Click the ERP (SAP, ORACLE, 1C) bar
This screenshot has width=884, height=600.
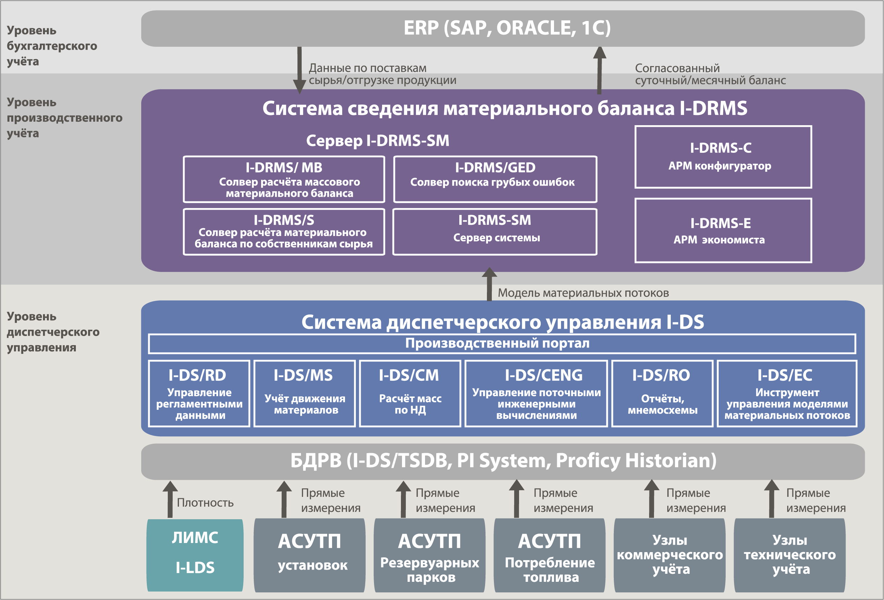503,29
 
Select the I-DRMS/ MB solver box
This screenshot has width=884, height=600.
284,179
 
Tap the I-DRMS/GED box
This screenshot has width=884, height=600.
495,179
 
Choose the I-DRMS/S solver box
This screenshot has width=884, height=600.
284,232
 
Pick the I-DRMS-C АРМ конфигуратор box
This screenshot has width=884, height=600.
723,157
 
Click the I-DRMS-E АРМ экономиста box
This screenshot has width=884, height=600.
723,230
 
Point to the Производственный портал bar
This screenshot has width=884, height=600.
502,344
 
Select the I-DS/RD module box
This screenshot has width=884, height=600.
199,394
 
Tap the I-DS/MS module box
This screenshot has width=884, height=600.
304,394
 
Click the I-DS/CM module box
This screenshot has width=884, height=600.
410,394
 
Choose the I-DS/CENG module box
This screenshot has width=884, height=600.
536,394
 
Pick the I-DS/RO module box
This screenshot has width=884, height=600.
662,394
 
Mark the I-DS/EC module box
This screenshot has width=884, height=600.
786,394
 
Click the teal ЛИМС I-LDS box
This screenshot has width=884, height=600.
195,555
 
